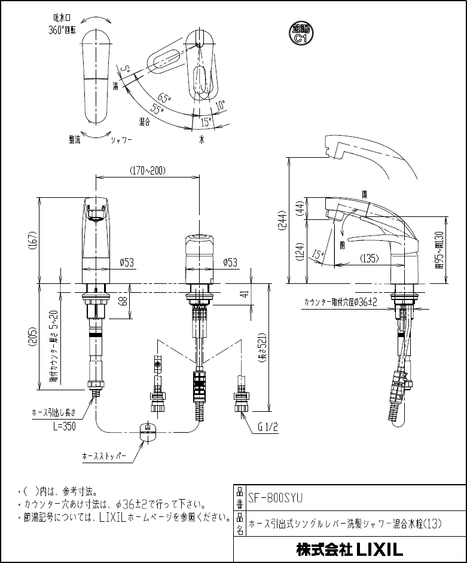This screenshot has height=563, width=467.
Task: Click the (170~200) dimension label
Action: tap(148, 171)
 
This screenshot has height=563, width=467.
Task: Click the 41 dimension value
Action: tap(243, 293)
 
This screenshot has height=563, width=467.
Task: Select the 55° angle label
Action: tap(158, 109)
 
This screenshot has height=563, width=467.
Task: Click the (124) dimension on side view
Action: tap(300, 256)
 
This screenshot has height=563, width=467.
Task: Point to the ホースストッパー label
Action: tap(105, 455)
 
